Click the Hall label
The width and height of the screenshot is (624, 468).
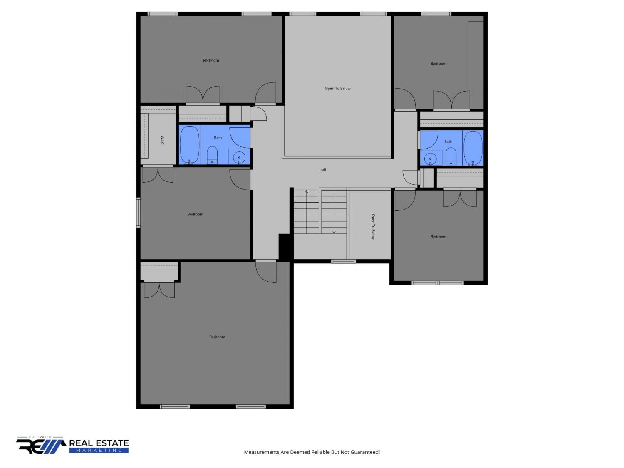point(322,170)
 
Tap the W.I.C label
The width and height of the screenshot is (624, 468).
point(162,140)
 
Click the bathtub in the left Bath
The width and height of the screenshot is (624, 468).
point(189,145)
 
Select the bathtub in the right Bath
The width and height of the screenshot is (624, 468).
point(473,148)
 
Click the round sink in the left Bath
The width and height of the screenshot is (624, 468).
point(239,157)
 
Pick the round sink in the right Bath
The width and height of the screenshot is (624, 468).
point(430,158)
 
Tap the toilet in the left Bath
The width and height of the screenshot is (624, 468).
point(212,155)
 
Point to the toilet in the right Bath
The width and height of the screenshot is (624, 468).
point(451,156)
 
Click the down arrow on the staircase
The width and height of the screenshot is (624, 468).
point(334,212)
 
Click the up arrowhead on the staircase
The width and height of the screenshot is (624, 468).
point(306,192)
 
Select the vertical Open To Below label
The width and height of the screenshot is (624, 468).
point(373,227)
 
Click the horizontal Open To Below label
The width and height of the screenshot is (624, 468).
point(337,88)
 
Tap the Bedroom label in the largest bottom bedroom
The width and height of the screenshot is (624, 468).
point(217,337)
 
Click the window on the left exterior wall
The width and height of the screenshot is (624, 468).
point(139,212)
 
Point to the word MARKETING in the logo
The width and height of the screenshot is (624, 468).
point(99,450)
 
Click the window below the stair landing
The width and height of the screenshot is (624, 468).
point(343,261)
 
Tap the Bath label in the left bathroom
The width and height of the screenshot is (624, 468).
point(218,138)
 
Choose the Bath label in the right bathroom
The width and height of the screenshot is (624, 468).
point(448,141)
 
